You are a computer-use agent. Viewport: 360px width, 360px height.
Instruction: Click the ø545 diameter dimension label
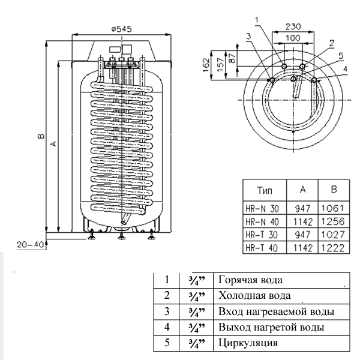coord(121,29)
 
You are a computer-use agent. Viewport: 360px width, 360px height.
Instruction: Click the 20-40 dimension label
coord(29,246)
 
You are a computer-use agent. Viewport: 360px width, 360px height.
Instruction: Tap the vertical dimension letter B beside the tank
coord(40,136)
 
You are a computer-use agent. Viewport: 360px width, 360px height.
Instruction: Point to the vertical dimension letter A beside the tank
coord(53,143)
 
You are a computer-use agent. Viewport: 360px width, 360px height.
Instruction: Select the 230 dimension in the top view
coord(293,27)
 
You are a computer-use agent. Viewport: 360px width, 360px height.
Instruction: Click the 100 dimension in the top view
coord(293,38)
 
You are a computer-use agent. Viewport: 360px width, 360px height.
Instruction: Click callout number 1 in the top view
coord(257,20)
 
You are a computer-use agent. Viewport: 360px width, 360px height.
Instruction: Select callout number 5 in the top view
coord(340,55)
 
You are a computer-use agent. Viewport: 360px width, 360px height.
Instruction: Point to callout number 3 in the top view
coord(248,37)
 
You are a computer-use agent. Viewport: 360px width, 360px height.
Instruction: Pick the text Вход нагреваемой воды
coord(275,312)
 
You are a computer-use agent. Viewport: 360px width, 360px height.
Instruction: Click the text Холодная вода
coord(255,295)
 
